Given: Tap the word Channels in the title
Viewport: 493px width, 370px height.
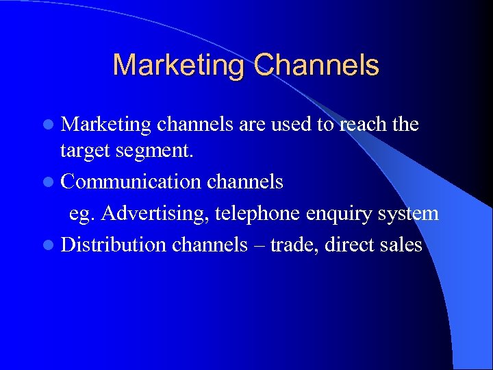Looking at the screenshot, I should tap(316, 65).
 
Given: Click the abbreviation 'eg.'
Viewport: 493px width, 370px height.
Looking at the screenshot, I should tap(84, 214).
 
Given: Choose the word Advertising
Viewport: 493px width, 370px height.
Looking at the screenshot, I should tap(155, 213).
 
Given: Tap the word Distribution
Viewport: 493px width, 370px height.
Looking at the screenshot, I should tap(113, 244).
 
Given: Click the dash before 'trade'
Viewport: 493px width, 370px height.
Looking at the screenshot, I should tap(259, 245).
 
